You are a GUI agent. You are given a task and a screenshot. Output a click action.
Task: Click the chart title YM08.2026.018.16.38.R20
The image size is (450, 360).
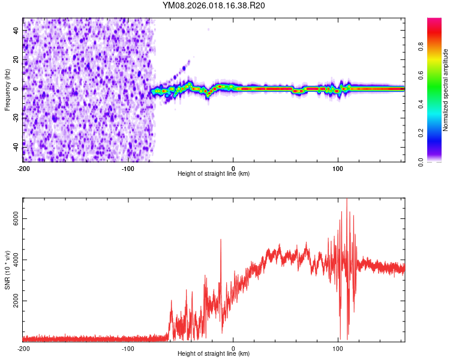[x=214, y=6]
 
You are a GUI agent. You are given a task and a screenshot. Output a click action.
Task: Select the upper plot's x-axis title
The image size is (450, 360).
[x=214, y=173]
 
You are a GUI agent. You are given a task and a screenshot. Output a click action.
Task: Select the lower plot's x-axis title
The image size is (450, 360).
[x=214, y=353]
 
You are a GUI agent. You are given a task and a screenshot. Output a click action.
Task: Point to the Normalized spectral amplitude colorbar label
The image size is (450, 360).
[x=446, y=90]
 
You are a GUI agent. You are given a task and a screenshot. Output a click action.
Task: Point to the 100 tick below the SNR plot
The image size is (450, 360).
[x=338, y=348]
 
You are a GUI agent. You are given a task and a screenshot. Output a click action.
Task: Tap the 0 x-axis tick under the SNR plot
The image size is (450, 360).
[x=233, y=348]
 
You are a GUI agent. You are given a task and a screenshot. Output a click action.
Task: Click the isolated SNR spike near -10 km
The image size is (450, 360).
[x=221, y=240]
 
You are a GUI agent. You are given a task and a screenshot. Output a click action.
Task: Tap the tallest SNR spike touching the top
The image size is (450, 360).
[x=347, y=201]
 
